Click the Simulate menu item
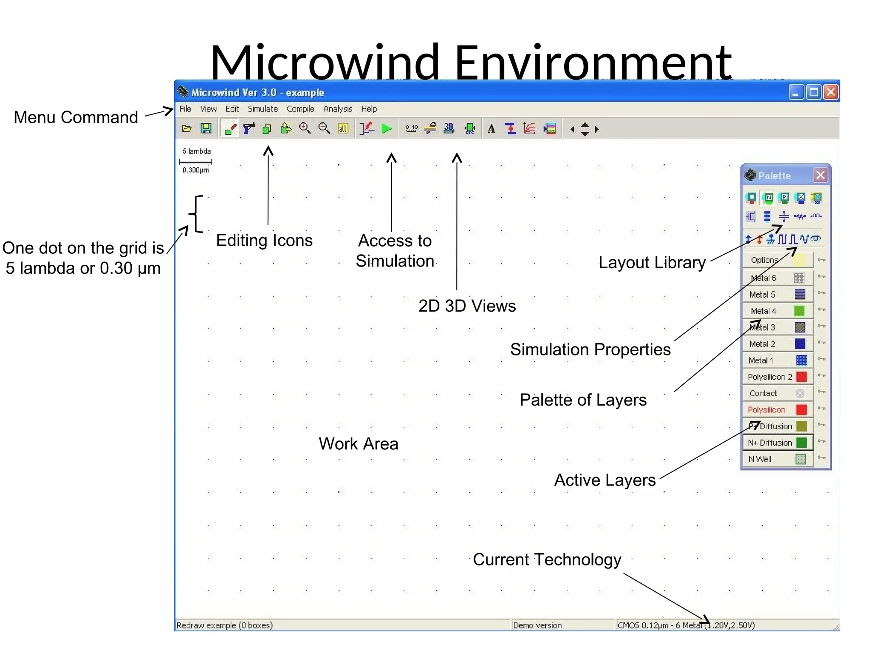[263, 109]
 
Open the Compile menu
[300, 109]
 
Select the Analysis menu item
[337, 109]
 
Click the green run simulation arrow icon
[386, 128]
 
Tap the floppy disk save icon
[206, 128]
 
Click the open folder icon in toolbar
[187, 128]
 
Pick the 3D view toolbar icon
[449, 128]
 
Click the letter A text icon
[491, 129]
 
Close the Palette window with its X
[820, 175]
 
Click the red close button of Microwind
[831, 92]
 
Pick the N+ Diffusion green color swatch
[801, 443]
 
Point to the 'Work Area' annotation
[359, 444]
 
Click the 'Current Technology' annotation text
[547, 559]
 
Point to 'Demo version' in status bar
[537, 625]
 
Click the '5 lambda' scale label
[196, 151]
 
